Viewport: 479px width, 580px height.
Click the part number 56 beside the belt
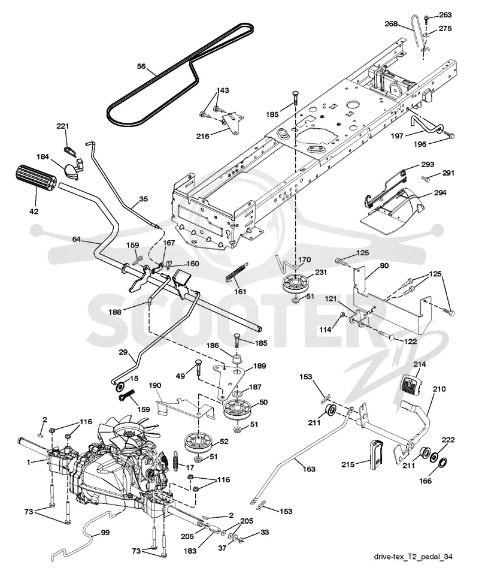coord(141,67)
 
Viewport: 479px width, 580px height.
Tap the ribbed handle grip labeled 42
coord(35,179)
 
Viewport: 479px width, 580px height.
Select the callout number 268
coord(390,24)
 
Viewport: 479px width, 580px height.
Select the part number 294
coord(439,193)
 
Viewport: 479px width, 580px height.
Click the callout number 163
coord(308,469)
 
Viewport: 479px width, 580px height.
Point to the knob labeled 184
coord(72,170)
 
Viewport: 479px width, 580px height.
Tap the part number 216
coord(203,136)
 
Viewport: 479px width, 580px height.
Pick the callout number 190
coord(154,385)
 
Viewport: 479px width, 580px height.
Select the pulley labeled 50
coord(237,409)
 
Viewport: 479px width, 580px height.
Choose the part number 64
coord(76,239)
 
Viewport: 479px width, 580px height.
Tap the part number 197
coord(398,136)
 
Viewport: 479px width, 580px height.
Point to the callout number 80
coord(384,265)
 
